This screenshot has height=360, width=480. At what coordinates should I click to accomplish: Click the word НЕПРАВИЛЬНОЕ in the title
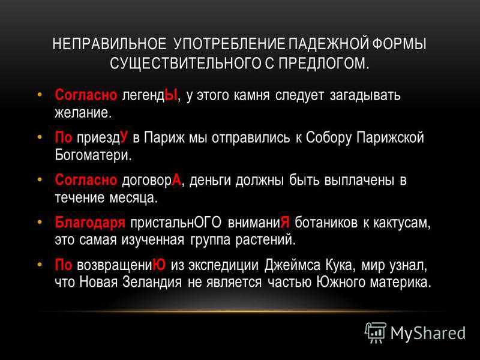(110, 44)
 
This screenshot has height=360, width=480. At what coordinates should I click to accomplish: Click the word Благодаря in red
(90, 222)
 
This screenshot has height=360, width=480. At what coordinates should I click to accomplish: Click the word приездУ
(102, 138)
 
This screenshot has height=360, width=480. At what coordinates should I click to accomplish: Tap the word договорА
(152, 180)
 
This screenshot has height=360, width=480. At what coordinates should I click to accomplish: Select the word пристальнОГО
(176, 222)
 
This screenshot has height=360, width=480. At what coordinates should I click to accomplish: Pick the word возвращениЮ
(122, 265)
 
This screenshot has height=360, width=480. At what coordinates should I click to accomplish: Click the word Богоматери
(93, 155)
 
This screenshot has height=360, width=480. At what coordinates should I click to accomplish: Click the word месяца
(133, 197)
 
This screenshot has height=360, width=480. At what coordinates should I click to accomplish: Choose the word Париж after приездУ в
(164, 138)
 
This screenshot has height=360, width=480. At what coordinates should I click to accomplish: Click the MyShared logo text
(428, 333)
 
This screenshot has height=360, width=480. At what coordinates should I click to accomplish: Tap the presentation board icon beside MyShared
(376, 332)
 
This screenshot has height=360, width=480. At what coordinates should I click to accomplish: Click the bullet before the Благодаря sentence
(39, 221)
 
